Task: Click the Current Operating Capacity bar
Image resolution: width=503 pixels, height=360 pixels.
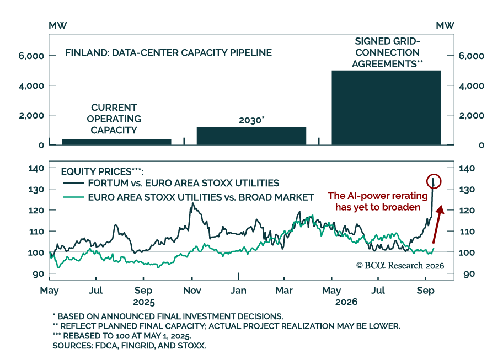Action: click(x=116, y=142)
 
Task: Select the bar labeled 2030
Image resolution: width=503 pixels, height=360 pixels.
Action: click(x=251, y=136)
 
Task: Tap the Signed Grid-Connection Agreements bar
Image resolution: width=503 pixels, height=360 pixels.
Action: click(x=386, y=108)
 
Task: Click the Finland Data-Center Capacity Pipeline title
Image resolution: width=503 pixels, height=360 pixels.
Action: click(x=168, y=52)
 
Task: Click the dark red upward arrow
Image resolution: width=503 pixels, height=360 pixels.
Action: click(x=437, y=225)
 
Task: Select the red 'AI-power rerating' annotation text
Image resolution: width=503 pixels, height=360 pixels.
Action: click(x=378, y=202)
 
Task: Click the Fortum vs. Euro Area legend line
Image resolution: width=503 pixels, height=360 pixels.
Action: click(x=73, y=183)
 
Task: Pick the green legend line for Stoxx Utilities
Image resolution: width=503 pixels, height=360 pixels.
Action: click(x=73, y=197)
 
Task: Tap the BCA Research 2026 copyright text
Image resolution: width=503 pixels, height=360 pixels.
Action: click(x=400, y=265)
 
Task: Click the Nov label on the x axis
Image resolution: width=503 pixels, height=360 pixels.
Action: click(x=192, y=291)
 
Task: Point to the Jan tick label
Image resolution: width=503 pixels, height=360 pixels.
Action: click(x=238, y=291)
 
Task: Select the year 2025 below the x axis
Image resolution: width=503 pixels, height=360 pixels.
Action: click(x=144, y=302)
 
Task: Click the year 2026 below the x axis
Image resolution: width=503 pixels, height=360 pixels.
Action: click(x=346, y=302)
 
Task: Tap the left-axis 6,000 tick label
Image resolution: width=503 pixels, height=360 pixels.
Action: click(x=31, y=56)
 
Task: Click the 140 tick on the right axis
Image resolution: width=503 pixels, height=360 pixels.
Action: click(x=467, y=168)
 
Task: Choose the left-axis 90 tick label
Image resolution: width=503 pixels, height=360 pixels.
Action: click(x=38, y=274)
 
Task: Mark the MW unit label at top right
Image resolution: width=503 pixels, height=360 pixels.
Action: click(x=445, y=25)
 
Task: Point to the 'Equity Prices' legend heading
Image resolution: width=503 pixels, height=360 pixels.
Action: click(x=103, y=171)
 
